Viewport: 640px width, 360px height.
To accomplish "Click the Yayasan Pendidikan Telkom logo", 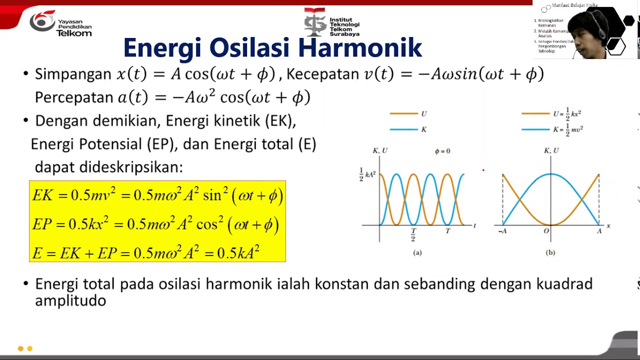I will pyautogui.click(x=60, y=24).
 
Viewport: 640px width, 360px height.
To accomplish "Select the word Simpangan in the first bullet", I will pyautogui.click(x=73, y=74).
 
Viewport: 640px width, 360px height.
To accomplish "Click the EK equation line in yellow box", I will pyautogui.click(x=157, y=195).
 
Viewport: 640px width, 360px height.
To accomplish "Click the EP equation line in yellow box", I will pyautogui.click(x=155, y=224).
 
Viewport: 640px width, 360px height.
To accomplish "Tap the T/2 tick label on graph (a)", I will pyautogui.click(x=413, y=234).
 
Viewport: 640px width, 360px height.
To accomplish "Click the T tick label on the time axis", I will pyautogui.click(x=447, y=231).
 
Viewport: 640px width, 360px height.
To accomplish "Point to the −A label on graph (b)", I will pyautogui.click(x=502, y=231).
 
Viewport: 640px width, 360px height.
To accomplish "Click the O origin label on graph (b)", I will pyautogui.click(x=546, y=231).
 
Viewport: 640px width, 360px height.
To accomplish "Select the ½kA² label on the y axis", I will pyautogui.click(x=367, y=174).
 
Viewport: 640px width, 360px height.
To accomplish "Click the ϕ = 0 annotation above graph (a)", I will pyautogui.click(x=442, y=151).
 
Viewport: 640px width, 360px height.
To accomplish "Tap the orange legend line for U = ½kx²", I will pyautogui.click(x=535, y=113).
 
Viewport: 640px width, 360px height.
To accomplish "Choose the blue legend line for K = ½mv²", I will pyautogui.click(x=535, y=129).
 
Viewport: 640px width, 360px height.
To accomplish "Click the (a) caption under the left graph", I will pyautogui.click(x=417, y=252).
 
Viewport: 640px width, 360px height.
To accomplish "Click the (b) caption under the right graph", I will pyautogui.click(x=550, y=252).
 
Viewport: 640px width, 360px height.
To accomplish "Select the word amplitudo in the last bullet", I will pyautogui.click(x=70, y=300).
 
